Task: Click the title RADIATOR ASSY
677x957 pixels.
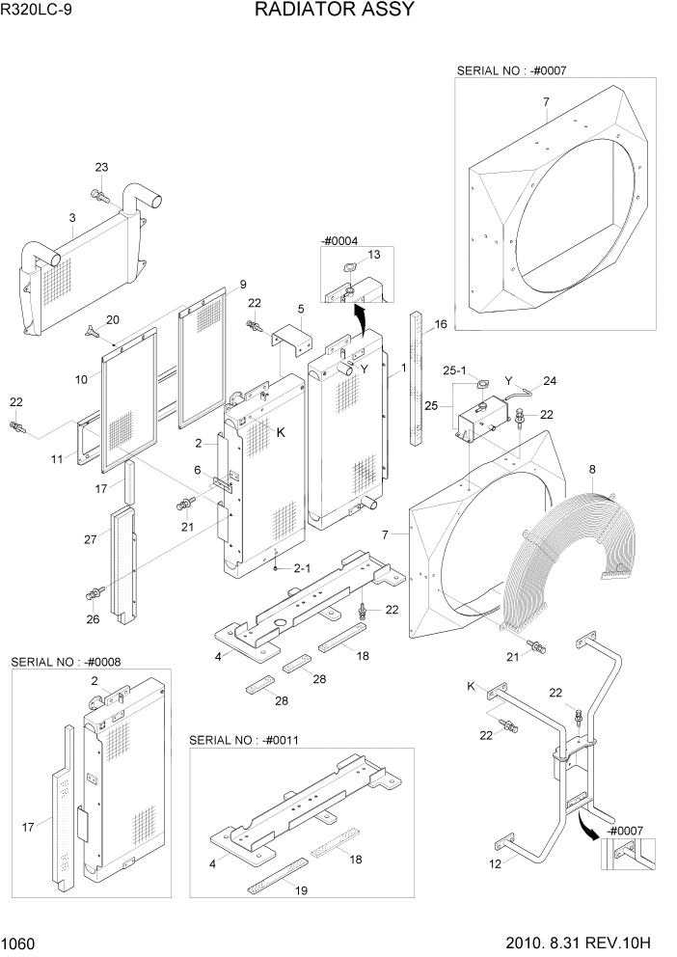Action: pyautogui.click(x=335, y=11)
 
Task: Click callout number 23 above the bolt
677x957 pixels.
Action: pyautogui.click(x=101, y=168)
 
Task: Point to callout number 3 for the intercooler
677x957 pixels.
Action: pyautogui.click(x=72, y=219)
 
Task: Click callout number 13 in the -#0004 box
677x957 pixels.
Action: pyautogui.click(x=374, y=254)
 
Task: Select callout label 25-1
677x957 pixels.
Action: pyautogui.click(x=455, y=369)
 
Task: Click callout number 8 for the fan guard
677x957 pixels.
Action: pyautogui.click(x=592, y=470)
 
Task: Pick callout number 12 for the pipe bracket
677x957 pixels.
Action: pyautogui.click(x=497, y=863)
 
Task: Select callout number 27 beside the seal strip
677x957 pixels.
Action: pyautogui.click(x=91, y=540)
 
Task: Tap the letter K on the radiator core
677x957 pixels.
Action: pyautogui.click(x=281, y=432)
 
